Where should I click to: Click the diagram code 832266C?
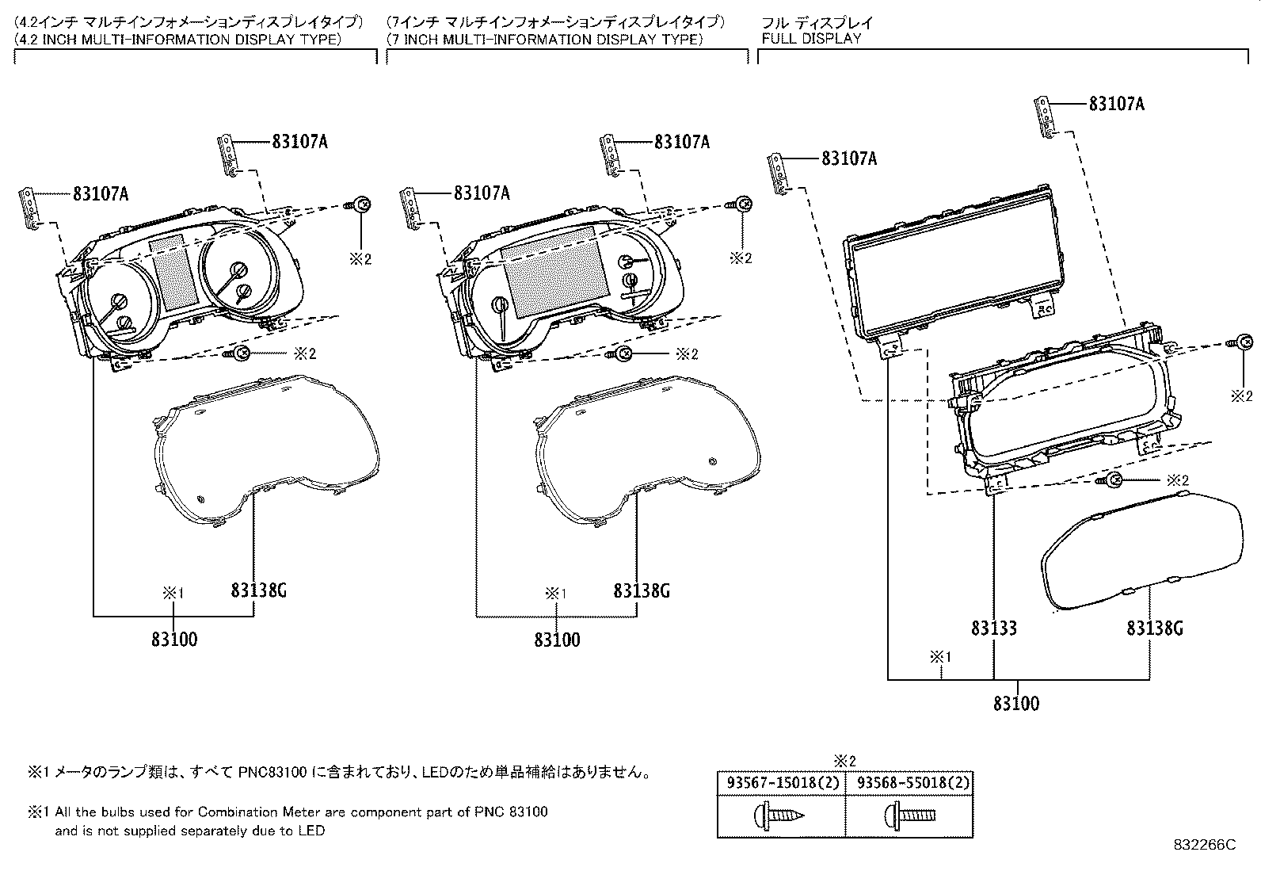[1204, 846]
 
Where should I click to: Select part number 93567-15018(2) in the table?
[781, 783]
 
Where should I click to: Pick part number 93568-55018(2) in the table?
[910, 783]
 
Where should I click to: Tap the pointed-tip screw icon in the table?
[781, 814]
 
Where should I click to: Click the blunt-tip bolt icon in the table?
[910, 814]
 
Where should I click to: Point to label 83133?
[994, 628]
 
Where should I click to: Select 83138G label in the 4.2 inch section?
[258, 590]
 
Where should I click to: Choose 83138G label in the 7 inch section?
[642, 590]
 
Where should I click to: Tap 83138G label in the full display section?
[1155, 628]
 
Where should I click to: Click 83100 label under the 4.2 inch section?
[174, 639]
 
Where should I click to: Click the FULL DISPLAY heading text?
[811, 39]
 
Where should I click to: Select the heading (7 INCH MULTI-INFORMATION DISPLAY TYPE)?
[544, 39]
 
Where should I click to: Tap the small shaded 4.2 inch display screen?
[173, 272]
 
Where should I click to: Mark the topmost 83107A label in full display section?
[1116, 104]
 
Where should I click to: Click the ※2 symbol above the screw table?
[845, 761]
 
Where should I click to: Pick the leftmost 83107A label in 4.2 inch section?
[101, 193]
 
